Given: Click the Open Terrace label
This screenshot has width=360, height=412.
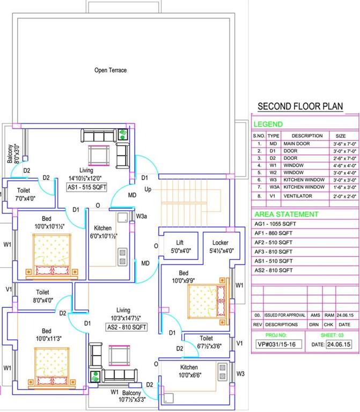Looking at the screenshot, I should point(111,70).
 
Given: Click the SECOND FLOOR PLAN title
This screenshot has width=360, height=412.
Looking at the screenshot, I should point(300,106).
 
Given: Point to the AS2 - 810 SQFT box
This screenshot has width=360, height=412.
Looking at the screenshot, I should point(124,326).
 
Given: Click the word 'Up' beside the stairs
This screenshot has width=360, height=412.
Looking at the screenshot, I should point(148,190).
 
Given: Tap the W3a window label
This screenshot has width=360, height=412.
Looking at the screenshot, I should point(142,216).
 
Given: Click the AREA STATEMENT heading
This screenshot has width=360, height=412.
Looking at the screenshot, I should point(286,214).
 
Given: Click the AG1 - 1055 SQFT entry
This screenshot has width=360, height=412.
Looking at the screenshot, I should point(275,223).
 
